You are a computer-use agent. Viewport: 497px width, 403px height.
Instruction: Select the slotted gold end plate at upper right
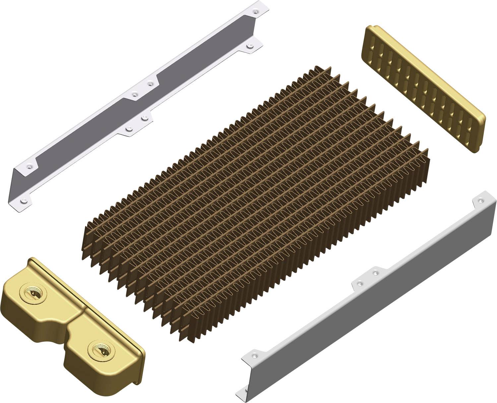pos(424,89)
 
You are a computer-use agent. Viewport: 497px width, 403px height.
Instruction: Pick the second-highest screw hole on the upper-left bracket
pos(249,47)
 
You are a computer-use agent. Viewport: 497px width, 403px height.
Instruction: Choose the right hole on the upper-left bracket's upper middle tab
pos(151,84)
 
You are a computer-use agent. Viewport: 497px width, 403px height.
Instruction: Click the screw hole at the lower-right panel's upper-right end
pos(480,200)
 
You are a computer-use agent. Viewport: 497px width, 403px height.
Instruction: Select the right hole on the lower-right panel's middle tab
pos(375,273)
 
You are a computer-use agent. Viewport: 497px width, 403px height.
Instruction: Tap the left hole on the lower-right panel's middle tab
pos(359,283)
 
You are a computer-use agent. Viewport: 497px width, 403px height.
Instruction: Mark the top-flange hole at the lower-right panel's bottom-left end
pos(254,356)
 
